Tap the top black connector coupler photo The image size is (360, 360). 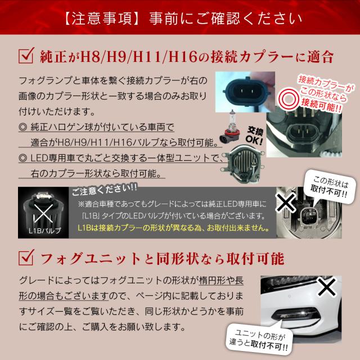click(x=246, y=91)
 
